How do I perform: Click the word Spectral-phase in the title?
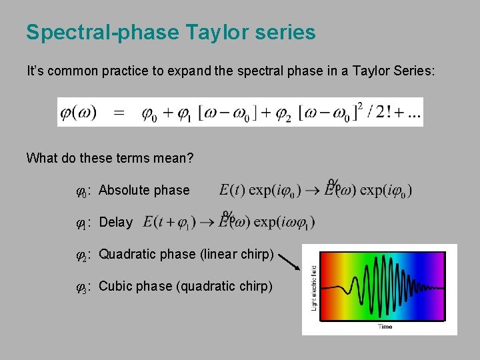click(x=97, y=33)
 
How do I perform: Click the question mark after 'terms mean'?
click(x=191, y=158)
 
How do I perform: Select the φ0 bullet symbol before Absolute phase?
click(x=82, y=191)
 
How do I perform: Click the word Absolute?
click(x=125, y=190)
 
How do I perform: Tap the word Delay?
click(x=115, y=222)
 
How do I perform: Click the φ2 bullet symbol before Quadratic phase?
click(x=82, y=255)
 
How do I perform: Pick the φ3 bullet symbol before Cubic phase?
click(x=82, y=287)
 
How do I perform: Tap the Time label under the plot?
click(x=385, y=327)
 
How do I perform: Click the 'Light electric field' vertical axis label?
click(x=313, y=287)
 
